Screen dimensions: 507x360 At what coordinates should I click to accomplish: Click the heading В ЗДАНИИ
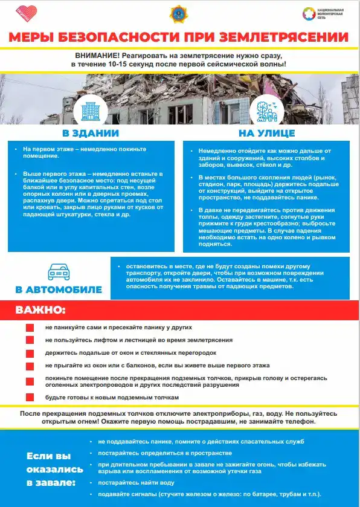click(91, 133)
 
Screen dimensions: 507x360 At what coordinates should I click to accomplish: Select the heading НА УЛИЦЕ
click(266, 133)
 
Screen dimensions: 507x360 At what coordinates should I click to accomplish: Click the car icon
click(58, 273)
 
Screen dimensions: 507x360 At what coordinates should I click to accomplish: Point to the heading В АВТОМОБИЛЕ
click(59, 289)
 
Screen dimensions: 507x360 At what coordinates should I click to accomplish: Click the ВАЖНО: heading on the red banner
click(40, 311)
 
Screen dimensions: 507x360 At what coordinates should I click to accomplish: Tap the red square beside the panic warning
click(30, 327)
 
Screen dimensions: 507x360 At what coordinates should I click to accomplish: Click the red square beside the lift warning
click(30, 340)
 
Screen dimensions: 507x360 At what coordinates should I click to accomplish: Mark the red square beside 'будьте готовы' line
click(30, 397)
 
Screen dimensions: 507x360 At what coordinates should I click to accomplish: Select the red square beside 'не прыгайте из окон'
click(30, 366)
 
